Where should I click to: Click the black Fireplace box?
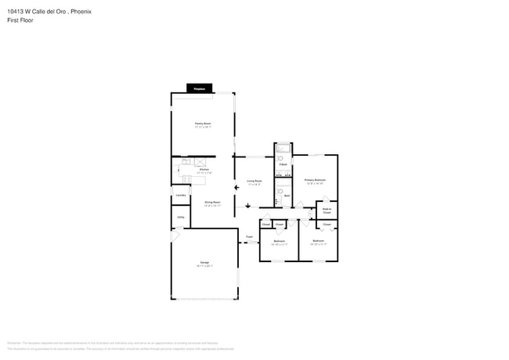[199, 88]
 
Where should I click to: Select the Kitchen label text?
[203, 170]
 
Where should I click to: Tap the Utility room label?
[180, 217]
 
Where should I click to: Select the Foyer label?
[250, 236]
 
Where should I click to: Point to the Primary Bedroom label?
[315, 181]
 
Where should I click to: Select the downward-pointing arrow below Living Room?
[248, 206]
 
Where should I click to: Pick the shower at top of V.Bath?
[283, 149]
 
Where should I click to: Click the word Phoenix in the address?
[70, 11]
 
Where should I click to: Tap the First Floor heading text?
[20, 20]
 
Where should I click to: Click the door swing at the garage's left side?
[175, 236]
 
